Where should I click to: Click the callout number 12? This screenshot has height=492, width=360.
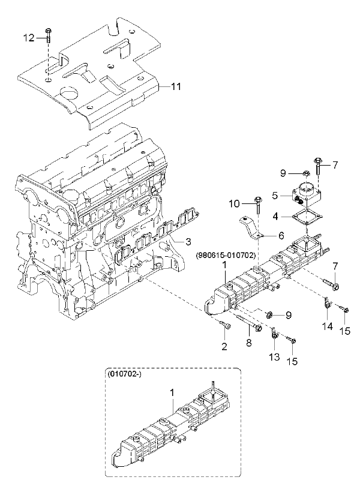[29, 38]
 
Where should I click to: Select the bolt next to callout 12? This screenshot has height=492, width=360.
[49, 37]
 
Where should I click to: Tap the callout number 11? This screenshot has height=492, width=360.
[175, 86]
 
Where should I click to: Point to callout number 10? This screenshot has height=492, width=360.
[234, 204]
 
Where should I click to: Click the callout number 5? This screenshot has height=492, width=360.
[275, 196]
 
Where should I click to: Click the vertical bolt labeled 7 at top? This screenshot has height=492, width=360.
[318, 167]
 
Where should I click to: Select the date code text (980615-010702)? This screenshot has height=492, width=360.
[225, 256]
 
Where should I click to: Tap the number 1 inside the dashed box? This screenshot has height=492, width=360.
[172, 392]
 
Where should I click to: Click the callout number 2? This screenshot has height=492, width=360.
[224, 347]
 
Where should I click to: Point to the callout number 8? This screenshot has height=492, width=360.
[249, 343]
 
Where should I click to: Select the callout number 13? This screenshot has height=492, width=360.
[275, 357]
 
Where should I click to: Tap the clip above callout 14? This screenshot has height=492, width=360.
[326, 303]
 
